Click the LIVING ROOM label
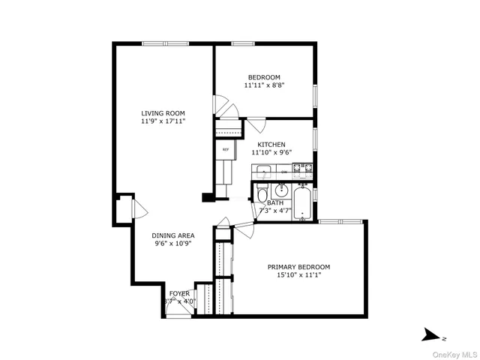coord(163,113)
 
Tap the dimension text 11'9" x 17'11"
coord(163,121)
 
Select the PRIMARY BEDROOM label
coord(298,267)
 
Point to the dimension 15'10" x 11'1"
coord(298,275)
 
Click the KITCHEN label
coord(271,144)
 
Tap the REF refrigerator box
coord(225,149)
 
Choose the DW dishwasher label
coord(284,172)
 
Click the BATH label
coord(275,203)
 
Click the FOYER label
coord(179,293)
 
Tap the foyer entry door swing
coord(178,313)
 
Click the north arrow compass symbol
coord(430,334)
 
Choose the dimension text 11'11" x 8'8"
coord(264,85)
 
